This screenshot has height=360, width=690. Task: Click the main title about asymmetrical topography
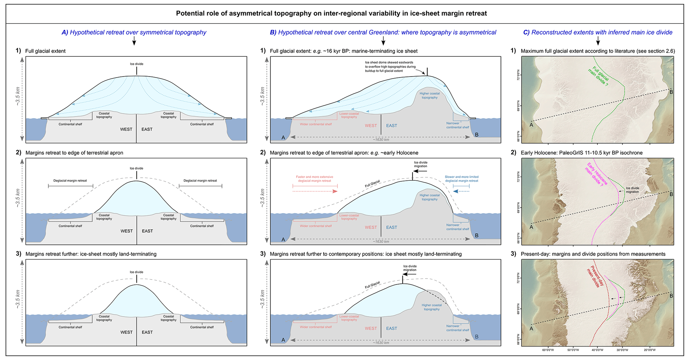click(x=331, y=13)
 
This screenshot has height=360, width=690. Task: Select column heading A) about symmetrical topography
click(x=134, y=32)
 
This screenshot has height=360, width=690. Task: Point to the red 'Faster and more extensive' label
click(x=314, y=179)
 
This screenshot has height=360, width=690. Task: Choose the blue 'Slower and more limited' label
click(x=461, y=179)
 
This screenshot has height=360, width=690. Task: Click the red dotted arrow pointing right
click(x=315, y=191)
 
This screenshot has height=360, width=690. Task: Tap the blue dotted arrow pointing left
click(x=461, y=191)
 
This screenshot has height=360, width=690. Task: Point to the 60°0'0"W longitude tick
click(x=548, y=350)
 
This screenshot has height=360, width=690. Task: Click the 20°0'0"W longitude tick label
click(x=650, y=350)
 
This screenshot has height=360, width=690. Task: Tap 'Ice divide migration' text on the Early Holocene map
click(x=632, y=190)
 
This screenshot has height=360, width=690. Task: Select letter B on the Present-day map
click(x=671, y=296)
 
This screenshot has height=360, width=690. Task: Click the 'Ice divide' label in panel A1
click(x=137, y=64)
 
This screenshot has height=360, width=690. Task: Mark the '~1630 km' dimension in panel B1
click(x=381, y=140)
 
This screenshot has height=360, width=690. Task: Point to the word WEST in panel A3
click(x=127, y=332)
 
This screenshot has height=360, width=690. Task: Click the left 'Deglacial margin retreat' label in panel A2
click(x=70, y=181)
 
